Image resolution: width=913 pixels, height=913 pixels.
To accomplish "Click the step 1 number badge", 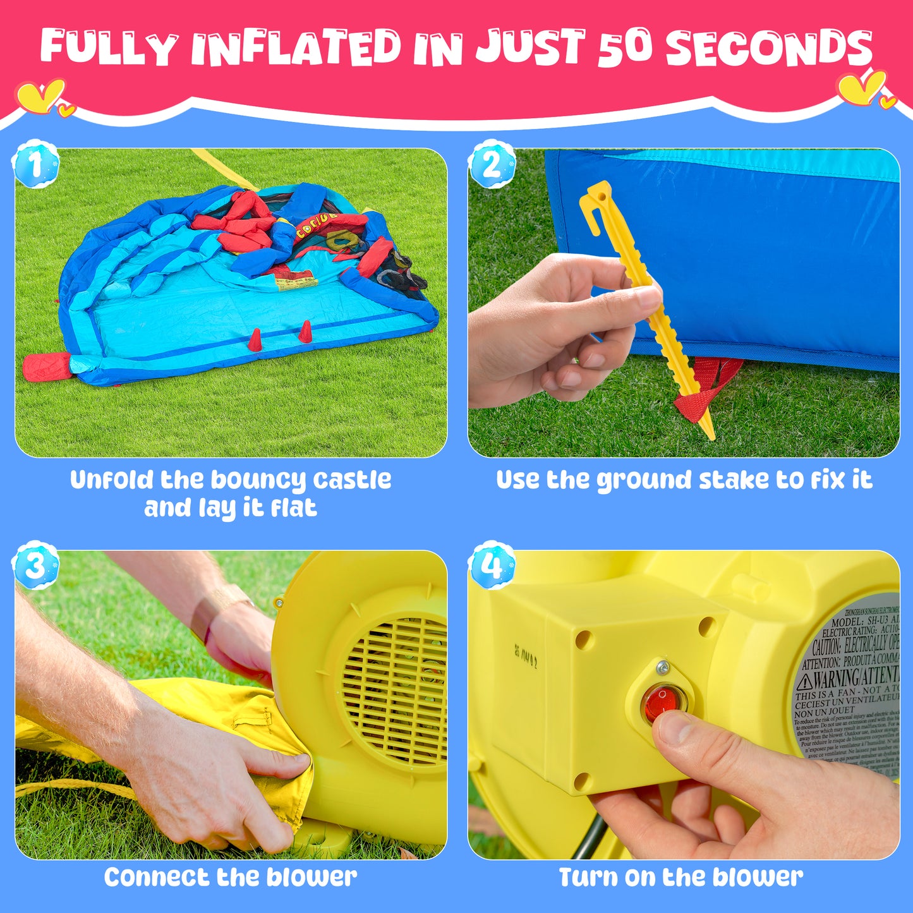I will click(x=35, y=164).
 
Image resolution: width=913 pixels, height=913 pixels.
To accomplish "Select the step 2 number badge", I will click(x=492, y=164).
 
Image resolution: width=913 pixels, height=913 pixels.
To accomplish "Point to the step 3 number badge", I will click(x=35, y=565).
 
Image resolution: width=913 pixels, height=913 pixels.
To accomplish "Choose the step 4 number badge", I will click(x=492, y=565).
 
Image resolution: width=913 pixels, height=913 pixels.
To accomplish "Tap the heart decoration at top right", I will click(x=863, y=88).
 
